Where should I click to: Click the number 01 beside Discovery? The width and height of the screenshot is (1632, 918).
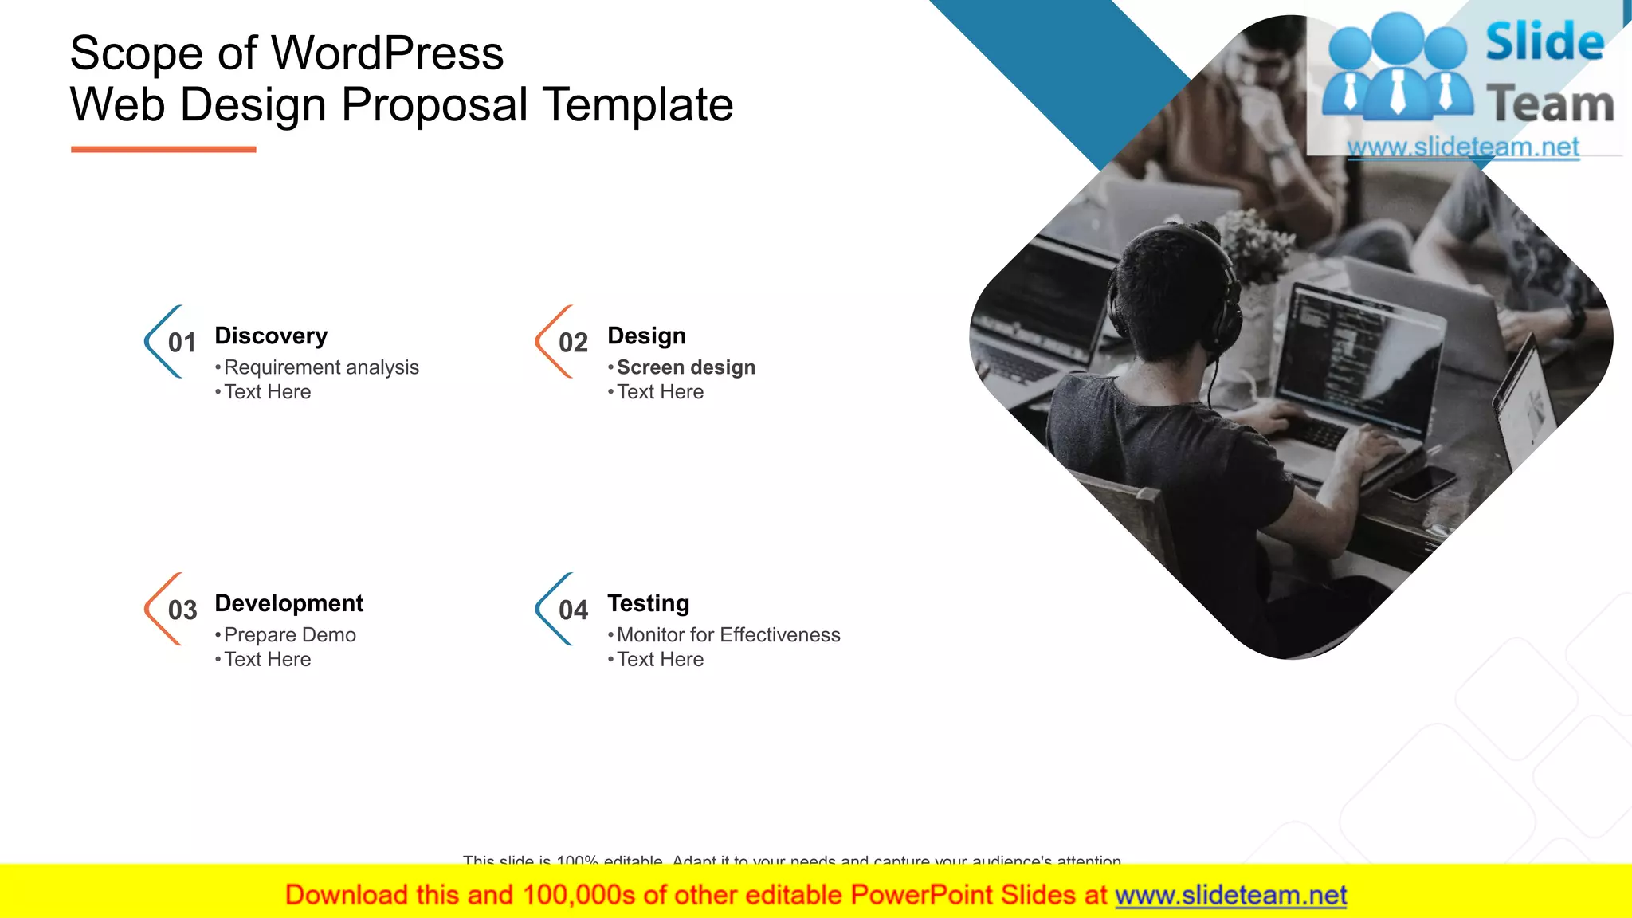tap(182, 343)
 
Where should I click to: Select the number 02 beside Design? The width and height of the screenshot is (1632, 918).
tap(573, 343)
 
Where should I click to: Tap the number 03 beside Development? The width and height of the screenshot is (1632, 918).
tap(182, 610)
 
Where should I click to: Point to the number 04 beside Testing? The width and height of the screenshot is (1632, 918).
tap(573, 610)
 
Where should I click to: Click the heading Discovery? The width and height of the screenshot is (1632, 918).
tap(271, 336)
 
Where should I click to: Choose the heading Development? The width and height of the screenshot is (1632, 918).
tap(288, 603)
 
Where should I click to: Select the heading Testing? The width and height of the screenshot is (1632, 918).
tap(648, 603)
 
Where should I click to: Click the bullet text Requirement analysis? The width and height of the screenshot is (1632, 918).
tap(321, 367)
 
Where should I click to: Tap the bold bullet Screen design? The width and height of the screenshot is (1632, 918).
tap(685, 367)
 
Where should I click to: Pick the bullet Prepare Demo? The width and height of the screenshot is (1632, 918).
tap(289, 635)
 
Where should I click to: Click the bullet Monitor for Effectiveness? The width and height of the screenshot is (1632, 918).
tap(728, 635)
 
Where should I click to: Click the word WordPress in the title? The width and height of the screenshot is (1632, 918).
tap(387, 53)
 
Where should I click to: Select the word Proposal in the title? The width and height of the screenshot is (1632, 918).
tap(434, 104)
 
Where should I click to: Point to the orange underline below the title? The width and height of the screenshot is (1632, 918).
tap(163, 149)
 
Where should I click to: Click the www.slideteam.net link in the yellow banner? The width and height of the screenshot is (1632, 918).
tap(1230, 895)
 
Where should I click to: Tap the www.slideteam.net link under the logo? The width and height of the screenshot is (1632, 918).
tap(1463, 147)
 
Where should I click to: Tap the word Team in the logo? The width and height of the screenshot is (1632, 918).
tap(1550, 104)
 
